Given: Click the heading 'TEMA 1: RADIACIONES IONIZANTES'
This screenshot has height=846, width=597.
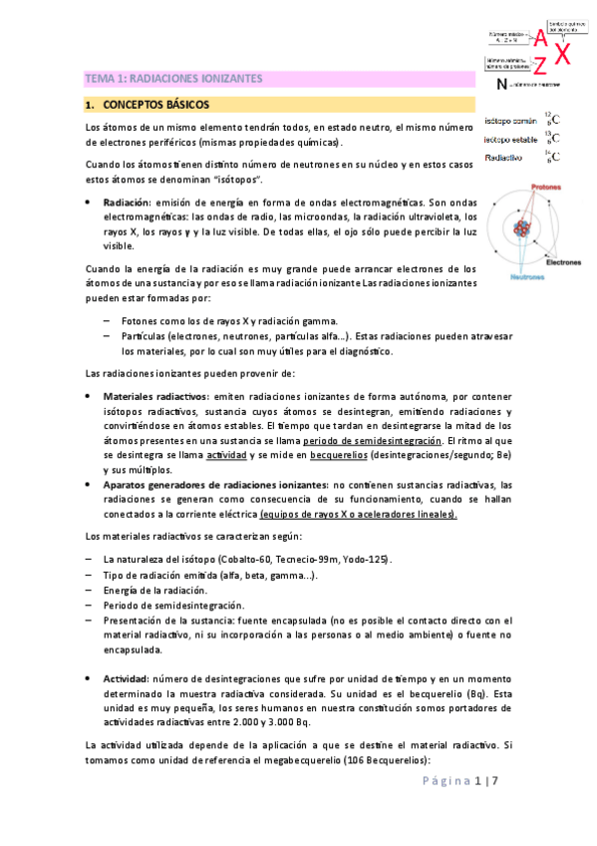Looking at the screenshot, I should pyautogui.click(x=172, y=78).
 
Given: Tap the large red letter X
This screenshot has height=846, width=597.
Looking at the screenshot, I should pyautogui.click(x=562, y=54).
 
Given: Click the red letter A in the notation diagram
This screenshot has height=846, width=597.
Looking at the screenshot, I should pyautogui.click(x=539, y=39).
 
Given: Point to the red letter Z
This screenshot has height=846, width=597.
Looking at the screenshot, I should pyautogui.click(x=539, y=67).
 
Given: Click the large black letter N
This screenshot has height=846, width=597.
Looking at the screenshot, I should pyautogui.click(x=499, y=87).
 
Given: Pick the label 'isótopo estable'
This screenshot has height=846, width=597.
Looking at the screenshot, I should pyautogui.click(x=509, y=139).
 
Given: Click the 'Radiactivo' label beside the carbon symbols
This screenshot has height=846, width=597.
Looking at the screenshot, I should pyautogui.click(x=503, y=158).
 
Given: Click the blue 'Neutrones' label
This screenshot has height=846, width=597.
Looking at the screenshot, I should pyautogui.click(x=516, y=276).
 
